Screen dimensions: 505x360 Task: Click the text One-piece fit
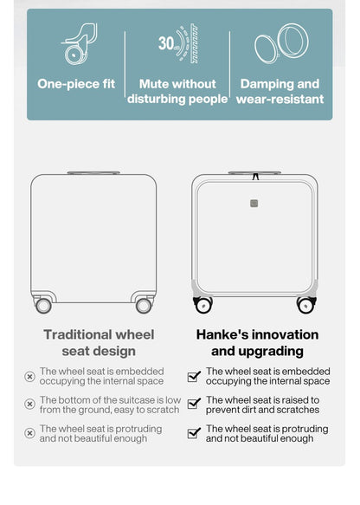click(x=75, y=84)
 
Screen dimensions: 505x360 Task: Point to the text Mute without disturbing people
click(x=177, y=92)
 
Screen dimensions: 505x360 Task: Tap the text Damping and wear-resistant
click(x=280, y=92)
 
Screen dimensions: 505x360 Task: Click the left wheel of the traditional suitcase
click(x=43, y=305)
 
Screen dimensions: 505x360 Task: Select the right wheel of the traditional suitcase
click(x=144, y=305)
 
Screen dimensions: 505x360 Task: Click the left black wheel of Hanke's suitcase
click(x=203, y=305)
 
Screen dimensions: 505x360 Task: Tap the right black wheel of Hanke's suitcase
click(x=305, y=305)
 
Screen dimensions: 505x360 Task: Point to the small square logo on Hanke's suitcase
click(x=254, y=204)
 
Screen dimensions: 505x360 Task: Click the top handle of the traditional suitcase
click(x=93, y=172)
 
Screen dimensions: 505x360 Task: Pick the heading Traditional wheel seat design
click(x=99, y=342)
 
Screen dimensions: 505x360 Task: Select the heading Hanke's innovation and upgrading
click(x=257, y=342)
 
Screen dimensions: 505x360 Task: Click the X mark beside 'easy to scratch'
click(x=29, y=405)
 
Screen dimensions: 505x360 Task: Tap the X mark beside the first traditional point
click(x=29, y=376)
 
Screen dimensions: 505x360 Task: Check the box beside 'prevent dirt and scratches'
click(x=194, y=405)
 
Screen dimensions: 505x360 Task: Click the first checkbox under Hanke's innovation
click(x=194, y=376)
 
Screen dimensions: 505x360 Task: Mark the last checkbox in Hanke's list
click(x=194, y=433)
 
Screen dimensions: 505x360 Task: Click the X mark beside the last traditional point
click(x=29, y=433)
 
